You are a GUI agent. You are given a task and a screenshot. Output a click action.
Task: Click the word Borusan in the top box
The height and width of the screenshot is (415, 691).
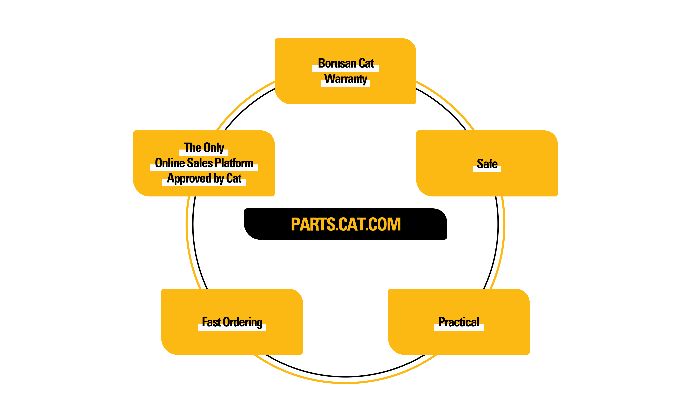337,64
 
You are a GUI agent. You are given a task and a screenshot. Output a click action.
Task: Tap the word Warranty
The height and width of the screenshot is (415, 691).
346,79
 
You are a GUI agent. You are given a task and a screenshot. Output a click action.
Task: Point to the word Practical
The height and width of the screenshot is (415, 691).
459,322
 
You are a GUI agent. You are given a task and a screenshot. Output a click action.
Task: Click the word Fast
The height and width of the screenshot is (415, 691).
211,322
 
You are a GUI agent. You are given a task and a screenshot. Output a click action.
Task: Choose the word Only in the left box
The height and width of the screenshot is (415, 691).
214,148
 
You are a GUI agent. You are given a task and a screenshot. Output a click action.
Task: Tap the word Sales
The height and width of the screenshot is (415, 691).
200,163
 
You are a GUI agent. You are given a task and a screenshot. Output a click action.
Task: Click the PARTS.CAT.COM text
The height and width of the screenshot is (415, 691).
346,224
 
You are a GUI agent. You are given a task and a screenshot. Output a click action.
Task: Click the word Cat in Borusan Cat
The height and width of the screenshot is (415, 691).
366,64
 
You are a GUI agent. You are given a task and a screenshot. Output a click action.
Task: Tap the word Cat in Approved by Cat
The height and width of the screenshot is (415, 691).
234,178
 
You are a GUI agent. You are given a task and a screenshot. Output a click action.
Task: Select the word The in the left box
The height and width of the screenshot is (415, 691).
193,148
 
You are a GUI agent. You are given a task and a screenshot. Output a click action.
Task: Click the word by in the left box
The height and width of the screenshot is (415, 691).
219,178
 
